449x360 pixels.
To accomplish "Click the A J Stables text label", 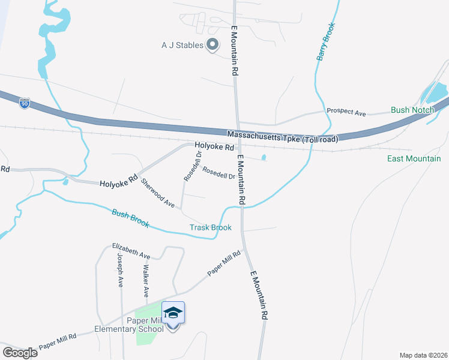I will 182,44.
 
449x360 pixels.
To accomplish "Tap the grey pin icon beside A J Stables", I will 212,44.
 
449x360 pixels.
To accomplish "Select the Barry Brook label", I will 325,41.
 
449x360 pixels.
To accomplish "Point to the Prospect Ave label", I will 346,112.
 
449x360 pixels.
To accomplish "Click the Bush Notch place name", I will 408,110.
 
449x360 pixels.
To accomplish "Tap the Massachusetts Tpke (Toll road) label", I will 282,137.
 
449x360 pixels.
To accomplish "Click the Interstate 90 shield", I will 24,103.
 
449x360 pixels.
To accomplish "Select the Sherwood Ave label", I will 158,193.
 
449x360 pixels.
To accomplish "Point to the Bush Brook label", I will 130,218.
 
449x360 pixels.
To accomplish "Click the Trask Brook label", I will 210,227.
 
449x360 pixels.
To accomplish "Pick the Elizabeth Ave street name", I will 131,251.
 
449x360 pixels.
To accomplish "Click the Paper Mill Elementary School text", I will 129,325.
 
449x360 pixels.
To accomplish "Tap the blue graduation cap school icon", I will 173,313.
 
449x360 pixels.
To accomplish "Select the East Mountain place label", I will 414,158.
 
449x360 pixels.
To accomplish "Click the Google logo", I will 20,352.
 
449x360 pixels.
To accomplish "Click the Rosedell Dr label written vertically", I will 190,166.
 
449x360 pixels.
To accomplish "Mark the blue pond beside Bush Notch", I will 436,92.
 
